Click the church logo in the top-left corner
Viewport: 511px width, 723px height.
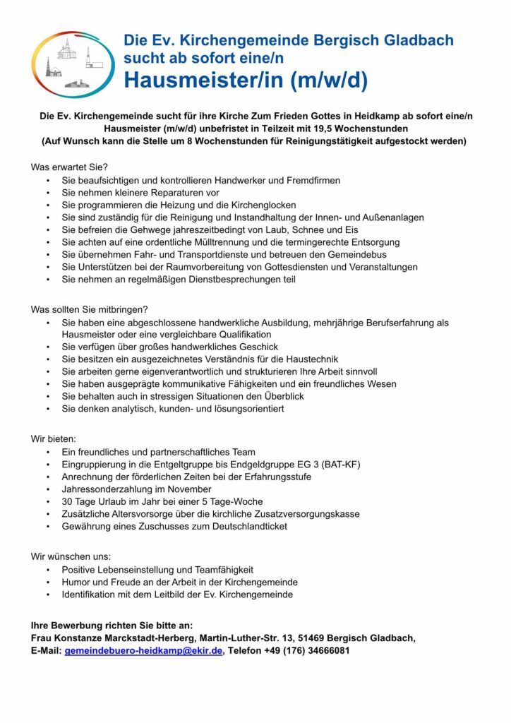pos(68,64)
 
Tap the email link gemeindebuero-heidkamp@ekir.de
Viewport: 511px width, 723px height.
pos(143,650)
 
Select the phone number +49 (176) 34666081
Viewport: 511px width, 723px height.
pos(308,650)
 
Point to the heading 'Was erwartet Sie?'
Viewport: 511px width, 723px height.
pos(68,167)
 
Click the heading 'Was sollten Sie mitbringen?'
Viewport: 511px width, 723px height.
pos(89,309)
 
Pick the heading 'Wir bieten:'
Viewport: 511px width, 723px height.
pos(53,438)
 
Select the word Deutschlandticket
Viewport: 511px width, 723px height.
pos(245,526)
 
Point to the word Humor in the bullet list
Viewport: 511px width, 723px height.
pos(76,582)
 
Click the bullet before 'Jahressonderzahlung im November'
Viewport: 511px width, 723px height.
pos(47,489)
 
